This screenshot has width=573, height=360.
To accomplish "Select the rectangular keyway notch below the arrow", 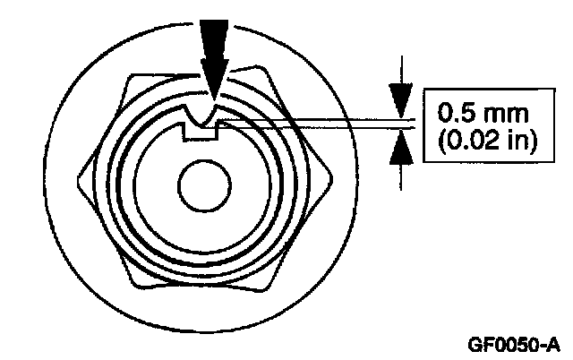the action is pos(201,132).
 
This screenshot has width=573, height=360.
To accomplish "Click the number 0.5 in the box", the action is pos(453,115).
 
